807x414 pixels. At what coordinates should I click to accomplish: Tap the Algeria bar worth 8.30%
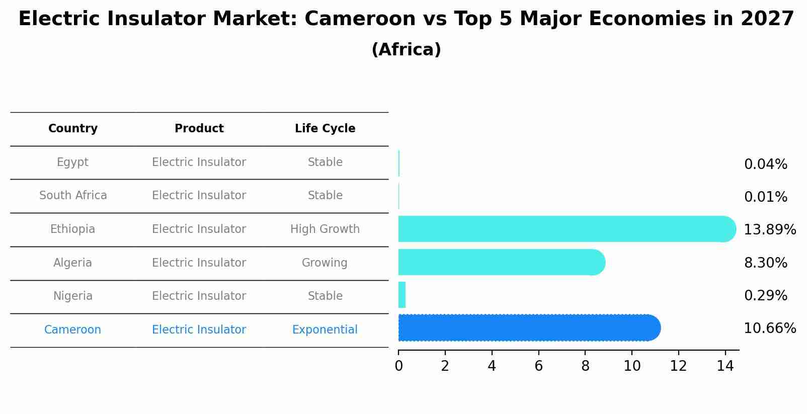tap(498, 262)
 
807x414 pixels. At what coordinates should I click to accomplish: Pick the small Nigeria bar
tap(401, 295)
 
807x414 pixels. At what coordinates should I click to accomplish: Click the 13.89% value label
tap(769, 230)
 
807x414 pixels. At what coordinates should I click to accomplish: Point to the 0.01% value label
tap(765, 197)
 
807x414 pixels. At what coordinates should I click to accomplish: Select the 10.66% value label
tap(769, 328)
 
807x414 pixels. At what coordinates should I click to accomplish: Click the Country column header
tap(73, 129)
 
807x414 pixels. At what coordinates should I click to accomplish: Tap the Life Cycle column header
tap(325, 129)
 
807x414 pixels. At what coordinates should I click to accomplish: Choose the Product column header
tap(199, 129)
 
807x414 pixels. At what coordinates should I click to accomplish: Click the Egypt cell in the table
tap(72, 162)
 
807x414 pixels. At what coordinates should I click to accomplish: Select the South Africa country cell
tap(73, 196)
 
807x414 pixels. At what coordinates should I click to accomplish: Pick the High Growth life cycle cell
tap(325, 229)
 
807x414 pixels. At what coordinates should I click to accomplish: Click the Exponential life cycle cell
tap(325, 330)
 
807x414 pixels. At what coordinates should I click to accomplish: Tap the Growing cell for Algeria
tap(325, 263)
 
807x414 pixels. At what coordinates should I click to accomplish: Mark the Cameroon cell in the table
tap(72, 330)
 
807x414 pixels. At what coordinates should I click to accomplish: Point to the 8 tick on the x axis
tap(585, 366)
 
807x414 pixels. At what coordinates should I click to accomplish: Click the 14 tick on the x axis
tap(725, 366)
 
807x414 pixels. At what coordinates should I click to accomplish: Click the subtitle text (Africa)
tap(406, 50)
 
